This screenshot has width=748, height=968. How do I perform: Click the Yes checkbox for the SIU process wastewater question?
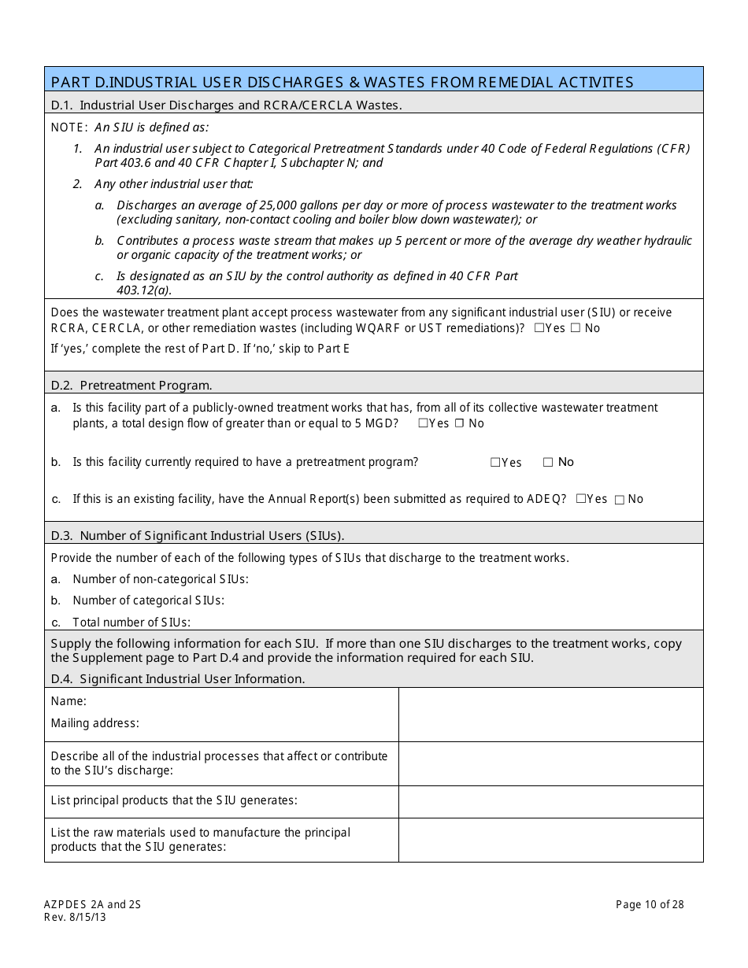pyautogui.click(x=539, y=328)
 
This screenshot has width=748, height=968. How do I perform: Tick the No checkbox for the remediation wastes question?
pyautogui.click(x=575, y=328)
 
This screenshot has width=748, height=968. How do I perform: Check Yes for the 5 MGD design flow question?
pyautogui.click(x=423, y=423)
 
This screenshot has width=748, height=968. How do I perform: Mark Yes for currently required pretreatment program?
pyautogui.click(x=495, y=463)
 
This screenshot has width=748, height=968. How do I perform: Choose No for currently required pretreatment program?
pyautogui.click(x=548, y=463)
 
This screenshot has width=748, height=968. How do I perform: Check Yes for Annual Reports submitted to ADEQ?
pyautogui.click(x=580, y=499)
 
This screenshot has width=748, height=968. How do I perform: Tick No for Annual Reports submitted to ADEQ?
pyautogui.click(x=620, y=500)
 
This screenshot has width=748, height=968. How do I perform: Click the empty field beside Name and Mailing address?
pyautogui.click(x=550, y=715)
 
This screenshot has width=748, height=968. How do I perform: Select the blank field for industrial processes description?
pyautogui.click(x=550, y=763)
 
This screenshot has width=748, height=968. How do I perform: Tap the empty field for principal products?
pyautogui.click(x=550, y=801)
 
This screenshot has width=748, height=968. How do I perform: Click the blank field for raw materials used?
pyautogui.click(x=550, y=840)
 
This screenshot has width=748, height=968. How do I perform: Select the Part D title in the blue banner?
pyautogui.click(x=342, y=82)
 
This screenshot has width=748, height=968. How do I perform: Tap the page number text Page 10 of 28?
pyautogui.click(x=650, y=905)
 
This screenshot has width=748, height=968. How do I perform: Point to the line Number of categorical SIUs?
pyautogui.click(x=148, y=600)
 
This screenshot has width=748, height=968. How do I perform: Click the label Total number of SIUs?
pyautogui.click(x=131, y=623)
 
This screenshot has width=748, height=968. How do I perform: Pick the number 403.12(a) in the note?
pyautogui.click(x=144, y=290)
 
